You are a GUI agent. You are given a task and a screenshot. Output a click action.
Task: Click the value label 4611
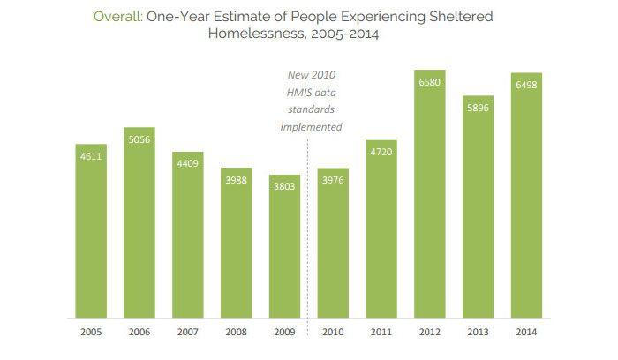[91, 157]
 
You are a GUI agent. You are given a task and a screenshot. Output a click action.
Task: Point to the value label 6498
[526, 86]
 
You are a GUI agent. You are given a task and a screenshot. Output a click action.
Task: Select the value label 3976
[333, 182]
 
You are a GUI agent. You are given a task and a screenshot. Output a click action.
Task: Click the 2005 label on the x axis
[91, 332]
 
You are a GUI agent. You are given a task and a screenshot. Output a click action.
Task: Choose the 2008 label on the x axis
[237, 332]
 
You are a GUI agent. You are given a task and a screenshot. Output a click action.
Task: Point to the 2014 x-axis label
[526, 332]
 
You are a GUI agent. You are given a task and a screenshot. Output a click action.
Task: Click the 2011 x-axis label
[381, 332]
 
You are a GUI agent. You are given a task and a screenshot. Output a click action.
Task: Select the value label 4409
[188, 164]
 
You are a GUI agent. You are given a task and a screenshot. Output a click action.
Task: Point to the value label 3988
[237, 181]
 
